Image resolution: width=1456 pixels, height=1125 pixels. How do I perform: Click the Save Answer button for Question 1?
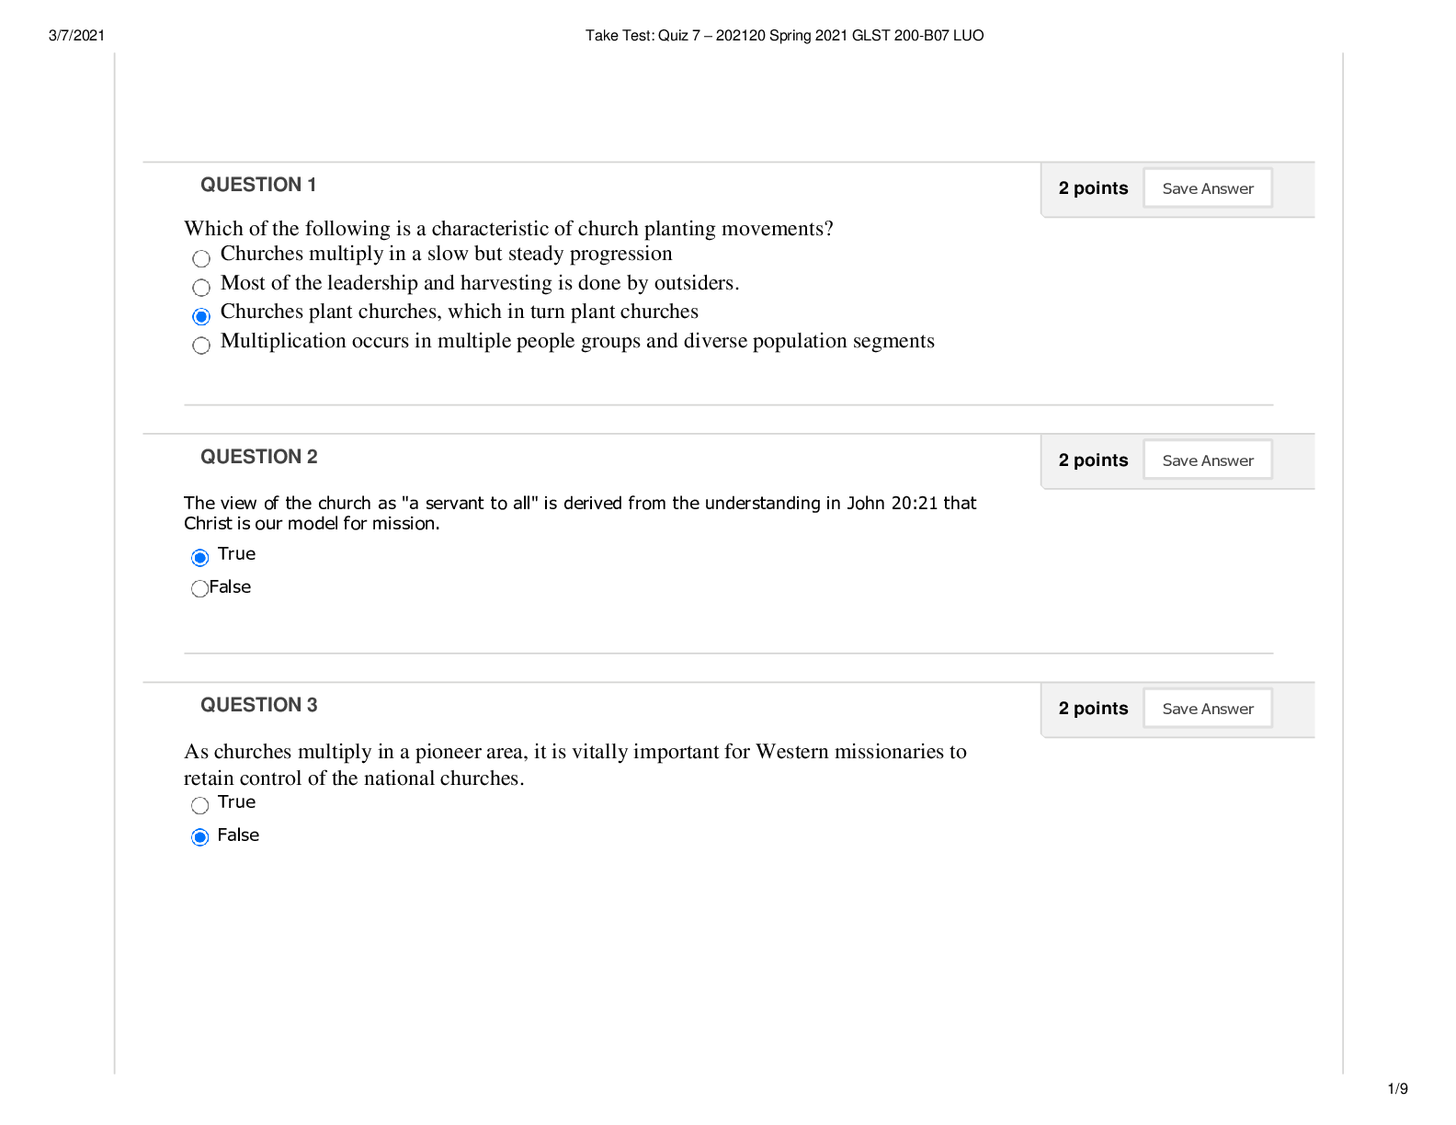(x=1207, y=188)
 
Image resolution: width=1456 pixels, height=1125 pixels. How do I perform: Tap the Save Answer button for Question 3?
(x=1207, y=709)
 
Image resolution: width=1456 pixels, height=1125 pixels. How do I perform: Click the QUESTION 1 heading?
(x=257, y=185)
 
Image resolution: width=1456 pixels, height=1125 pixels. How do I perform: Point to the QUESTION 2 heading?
(x=258, y=457)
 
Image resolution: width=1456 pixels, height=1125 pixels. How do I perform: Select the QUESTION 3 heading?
(x=258, y=705)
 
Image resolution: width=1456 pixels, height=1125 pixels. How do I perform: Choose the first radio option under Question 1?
(x=201, y=259)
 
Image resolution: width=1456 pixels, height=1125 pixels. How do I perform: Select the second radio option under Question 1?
(x=201, y=288)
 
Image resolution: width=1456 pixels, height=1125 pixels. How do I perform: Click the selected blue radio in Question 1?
(x=201, y=317)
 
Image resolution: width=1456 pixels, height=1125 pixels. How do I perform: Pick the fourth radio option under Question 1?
(x=201, y=346)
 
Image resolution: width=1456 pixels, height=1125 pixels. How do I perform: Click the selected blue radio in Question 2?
(x=199, y=558)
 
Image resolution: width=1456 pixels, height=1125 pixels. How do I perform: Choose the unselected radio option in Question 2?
(x=199, y=589)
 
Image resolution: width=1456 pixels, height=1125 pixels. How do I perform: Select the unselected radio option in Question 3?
(x=199, y=806)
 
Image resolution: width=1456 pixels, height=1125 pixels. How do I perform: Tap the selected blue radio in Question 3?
(x=199, y=837)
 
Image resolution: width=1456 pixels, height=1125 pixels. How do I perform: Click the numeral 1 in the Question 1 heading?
(x=312, y=185)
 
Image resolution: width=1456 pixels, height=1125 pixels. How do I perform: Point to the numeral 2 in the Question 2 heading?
(x=312, y=457)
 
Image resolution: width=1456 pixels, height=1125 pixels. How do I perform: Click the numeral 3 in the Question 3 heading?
(x=312, y=705)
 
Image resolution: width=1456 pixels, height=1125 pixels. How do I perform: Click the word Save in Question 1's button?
(x=1179, y=188)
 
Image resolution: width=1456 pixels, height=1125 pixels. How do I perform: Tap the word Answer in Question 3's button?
(x=1227, y=709)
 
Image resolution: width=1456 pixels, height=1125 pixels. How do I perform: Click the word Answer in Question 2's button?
(x=1227, y=460)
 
